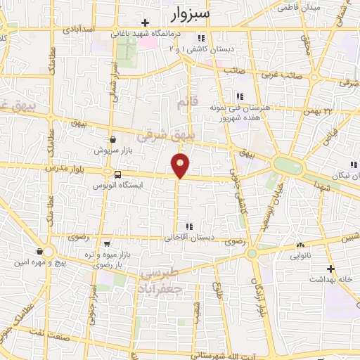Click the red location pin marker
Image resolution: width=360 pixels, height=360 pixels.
pos(181,164)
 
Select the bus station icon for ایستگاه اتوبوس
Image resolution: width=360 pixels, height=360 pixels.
pos(117,174)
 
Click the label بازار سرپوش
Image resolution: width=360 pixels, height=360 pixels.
pos(113,150)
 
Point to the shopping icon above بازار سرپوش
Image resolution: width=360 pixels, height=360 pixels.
pos(113,139)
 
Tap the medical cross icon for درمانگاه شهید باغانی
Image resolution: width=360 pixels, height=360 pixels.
pos(145,22)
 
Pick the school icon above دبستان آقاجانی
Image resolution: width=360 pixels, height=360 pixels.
pos(188,226)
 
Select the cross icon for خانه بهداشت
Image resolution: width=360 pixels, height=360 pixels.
pos(331,269)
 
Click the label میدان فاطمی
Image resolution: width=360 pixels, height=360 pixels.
pos(299,8)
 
